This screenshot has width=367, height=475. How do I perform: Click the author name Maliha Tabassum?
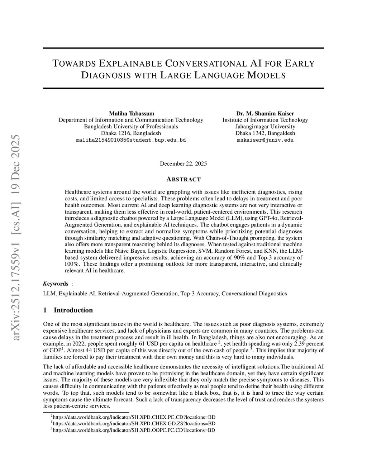click(131, 113)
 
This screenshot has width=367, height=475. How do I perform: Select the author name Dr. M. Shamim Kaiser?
click(265, 113)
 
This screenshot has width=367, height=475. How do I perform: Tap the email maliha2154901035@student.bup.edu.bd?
click(131, 140)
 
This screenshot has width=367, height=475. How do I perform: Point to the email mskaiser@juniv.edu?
click(265, 140)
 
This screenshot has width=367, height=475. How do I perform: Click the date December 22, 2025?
click(183, 163)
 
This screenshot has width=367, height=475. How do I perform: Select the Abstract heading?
click(183, 179)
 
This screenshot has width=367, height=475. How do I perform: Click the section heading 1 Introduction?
click(68, 310)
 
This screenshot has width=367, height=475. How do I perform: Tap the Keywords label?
click(56, 284)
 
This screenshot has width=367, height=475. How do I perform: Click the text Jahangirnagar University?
click(265, 127)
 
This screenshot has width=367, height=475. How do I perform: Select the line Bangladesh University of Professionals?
click(131, 127)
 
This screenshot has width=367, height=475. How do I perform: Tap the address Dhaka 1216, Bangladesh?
click(131, 133)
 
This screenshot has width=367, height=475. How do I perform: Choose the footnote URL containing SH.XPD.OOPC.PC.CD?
click(134, 430)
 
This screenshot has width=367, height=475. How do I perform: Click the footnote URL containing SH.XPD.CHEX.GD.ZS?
click(134, 423)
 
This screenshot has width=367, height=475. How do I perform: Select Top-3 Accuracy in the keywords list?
click(199, 294)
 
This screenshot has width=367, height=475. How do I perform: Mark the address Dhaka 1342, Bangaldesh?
click(265, 133)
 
